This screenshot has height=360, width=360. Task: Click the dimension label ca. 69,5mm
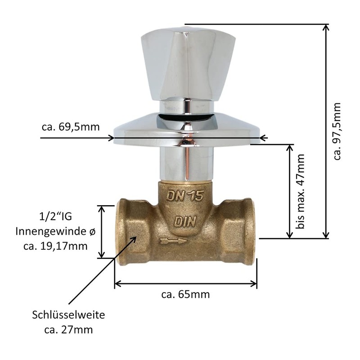pos(71,127)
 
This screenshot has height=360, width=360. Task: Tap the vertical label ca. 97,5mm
pos(337,131)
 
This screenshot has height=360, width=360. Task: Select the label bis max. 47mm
pos(300,191)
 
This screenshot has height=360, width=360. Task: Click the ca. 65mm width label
pos(185,294)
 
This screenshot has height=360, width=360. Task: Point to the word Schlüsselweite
pos(68,315)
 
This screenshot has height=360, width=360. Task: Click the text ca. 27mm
pos(68,330)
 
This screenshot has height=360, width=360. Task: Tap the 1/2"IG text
pos(55,216)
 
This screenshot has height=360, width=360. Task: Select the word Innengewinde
pos(52,231)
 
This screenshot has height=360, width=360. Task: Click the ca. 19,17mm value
pos(55,246)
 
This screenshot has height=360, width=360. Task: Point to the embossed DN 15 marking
pos(185,196)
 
